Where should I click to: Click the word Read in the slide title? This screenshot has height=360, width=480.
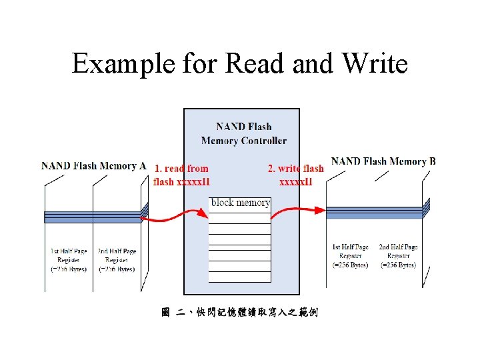click(x=251, y=65)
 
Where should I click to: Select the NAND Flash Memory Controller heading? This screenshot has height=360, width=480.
click(x=243, y=133)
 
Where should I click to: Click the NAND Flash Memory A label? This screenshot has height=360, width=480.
click(x=94, y=166)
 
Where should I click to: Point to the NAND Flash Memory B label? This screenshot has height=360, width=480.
click(x=383, y=161)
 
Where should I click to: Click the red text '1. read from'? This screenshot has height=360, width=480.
click(x=181, y=169)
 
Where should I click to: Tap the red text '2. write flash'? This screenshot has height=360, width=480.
click(x=295, y=169)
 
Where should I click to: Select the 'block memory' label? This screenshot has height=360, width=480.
click(x=240, y=203)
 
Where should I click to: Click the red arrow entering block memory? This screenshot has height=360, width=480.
click(x=177, y=217)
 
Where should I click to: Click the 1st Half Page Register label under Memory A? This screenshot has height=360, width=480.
click(x=68, y=260)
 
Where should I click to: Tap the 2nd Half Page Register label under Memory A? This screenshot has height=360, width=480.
click(x=117, y=260)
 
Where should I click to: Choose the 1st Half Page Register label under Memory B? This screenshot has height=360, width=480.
click(x=350, y=256)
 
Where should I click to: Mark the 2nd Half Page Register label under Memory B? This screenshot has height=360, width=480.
click(x=398, y=256)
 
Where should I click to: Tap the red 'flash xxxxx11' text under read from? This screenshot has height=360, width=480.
click(x=181, y=181)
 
